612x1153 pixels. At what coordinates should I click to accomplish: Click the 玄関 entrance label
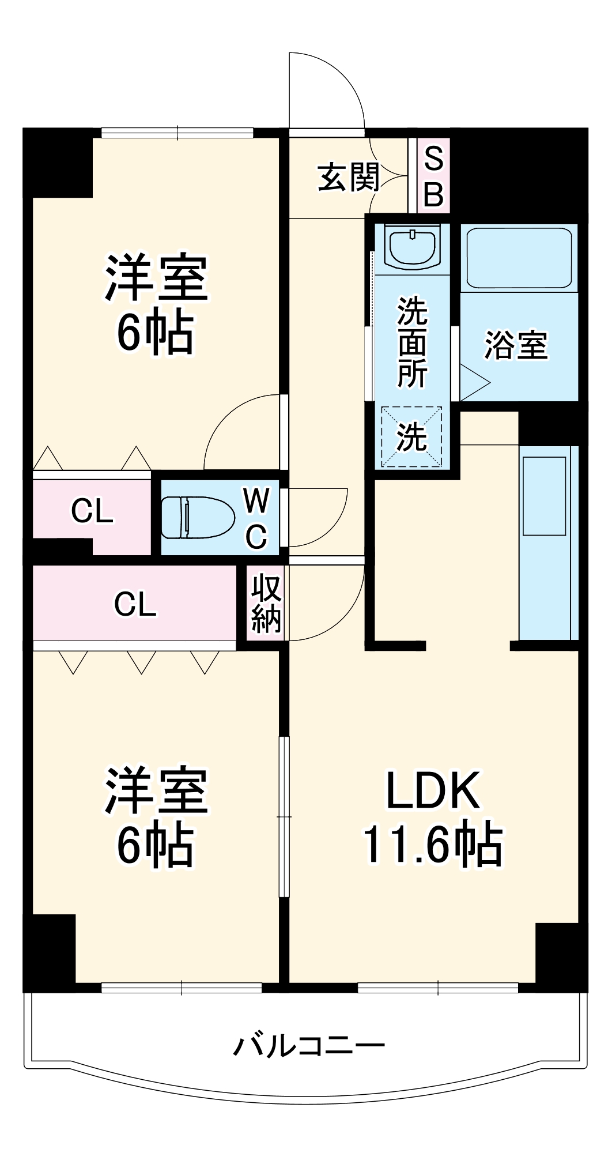pyautogui.click(x=349, y=177)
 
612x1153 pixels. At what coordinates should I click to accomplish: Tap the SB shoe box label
pyautogui.click(x=433, y=176)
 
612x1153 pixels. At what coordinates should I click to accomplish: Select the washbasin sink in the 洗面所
pyautogui.click(x=412, y=246)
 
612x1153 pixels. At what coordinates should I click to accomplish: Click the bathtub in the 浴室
pyautogui.click(x=519, y=258)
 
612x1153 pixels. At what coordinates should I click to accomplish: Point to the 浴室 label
pyautogui.click(x=516, y=345)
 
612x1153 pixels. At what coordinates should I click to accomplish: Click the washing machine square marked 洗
pyautogui.click(x=411, y=436)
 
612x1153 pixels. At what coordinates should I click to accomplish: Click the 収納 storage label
pyautogui.click(x=266, y=603)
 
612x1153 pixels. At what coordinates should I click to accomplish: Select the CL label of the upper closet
pyautogui.click(x=92, y=511)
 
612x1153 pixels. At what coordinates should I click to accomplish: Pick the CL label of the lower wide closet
pyautogui.click(x=135, y=604)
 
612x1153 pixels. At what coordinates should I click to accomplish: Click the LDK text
pyautogui.click(x=432, y=791)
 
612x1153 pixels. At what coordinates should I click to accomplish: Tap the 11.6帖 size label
pyautogui.click(x=432, y=845)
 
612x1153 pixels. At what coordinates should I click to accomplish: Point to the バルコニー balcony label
pyautogui.click(x=309, y=1045)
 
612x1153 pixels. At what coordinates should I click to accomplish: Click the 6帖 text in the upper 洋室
pyautogui.click(x=155, y=333)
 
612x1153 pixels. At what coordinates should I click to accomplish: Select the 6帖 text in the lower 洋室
pyautogui.click(x=155, y=846)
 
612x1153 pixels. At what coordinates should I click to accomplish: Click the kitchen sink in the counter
pyautogui.click(x=543, y=496)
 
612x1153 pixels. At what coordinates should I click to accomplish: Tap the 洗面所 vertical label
pyautogui.click(x=412, y=342)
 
